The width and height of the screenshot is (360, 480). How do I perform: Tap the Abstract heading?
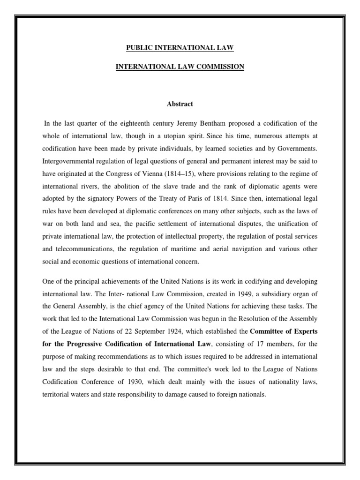tap(180, 104)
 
